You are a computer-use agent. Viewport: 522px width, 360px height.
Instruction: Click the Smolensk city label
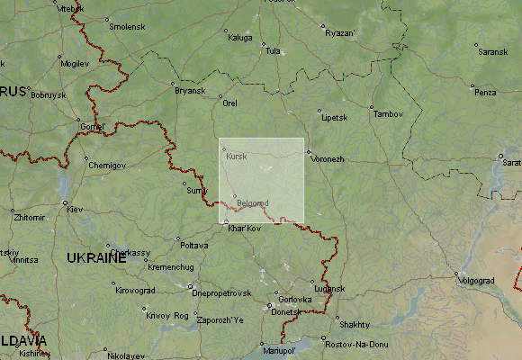127,27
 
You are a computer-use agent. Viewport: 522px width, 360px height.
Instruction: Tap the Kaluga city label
240,38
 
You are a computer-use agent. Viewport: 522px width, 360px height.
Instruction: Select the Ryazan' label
341,33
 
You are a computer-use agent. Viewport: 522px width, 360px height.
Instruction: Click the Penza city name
486,92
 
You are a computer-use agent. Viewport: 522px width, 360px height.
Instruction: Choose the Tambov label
389,114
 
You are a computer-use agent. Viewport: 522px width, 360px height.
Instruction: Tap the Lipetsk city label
334,118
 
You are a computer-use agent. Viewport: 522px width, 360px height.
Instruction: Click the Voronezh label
328,159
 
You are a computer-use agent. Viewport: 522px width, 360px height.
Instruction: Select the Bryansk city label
190,91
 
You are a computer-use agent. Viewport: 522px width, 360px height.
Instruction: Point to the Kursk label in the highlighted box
237,157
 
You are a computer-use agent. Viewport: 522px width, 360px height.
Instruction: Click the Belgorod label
253,203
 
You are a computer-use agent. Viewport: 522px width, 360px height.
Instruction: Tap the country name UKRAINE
96,258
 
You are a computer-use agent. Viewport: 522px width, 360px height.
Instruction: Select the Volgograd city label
477,281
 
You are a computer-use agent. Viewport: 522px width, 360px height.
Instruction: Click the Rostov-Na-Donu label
356,345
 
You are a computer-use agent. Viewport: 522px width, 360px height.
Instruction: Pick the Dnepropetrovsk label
221,293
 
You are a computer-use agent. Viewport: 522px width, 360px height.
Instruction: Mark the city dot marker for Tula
263,43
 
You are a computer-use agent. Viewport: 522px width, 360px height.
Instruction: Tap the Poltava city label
193,245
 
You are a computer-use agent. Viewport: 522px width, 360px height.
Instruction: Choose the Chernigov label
107,166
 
